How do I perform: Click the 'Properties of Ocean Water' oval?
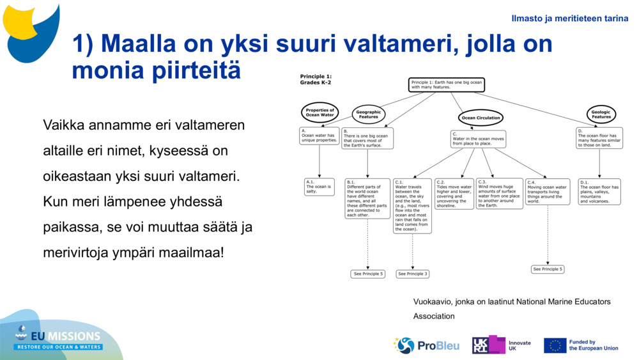pos(319,113)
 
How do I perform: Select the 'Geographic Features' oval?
pos(368,114)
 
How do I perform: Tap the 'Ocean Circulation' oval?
pos(481,118)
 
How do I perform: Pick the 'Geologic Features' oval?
pos(601,114)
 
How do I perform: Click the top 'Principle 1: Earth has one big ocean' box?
pos(446,85)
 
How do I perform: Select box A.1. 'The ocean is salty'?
pos(319,186)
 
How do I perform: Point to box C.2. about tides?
pos(454,194)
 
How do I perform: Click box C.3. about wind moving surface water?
pos(499,193)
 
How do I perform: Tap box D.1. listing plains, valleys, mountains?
pos(600,191)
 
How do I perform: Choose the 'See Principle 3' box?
pos(412,274)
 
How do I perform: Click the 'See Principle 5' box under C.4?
pos(548,269)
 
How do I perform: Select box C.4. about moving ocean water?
pos(548,191)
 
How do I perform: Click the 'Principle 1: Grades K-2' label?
pos(316,80)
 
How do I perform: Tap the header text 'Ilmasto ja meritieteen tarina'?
pos(570,19)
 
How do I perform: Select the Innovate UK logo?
pos(502,345)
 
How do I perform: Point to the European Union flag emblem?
pos(555,345)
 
